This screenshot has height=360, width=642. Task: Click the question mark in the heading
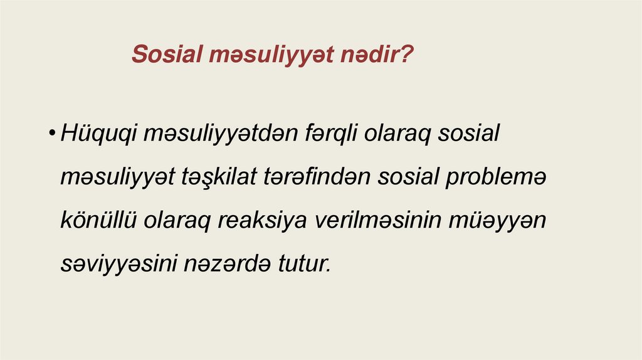[x=407, y=55]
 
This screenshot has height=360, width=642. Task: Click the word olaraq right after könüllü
[x=177, y=221]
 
